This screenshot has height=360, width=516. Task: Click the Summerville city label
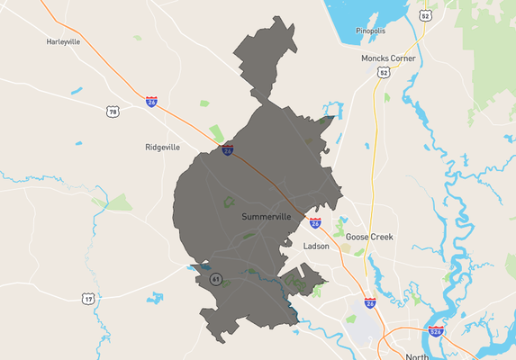coord(267,217)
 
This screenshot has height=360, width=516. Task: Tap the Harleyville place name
coord(64,41)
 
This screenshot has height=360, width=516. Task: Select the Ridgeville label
coord(163,147)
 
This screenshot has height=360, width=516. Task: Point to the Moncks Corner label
coord(388,58)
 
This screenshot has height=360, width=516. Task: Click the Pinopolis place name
coord(370,30)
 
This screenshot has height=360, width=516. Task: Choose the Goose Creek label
coord(370,237)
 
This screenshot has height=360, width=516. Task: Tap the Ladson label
coord(317,246)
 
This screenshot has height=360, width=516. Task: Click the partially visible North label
coord(417,356)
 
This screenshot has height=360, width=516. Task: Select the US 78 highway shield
coord(113,112)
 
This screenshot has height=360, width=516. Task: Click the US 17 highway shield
coord(87,298)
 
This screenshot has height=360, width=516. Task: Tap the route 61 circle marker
coord(216,279)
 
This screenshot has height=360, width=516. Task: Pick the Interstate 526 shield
coord(436,331)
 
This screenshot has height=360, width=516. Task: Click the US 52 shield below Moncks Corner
coord(385,72)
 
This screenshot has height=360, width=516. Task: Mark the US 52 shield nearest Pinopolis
coord(424,15)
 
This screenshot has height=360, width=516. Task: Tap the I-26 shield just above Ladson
coord(314,222)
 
